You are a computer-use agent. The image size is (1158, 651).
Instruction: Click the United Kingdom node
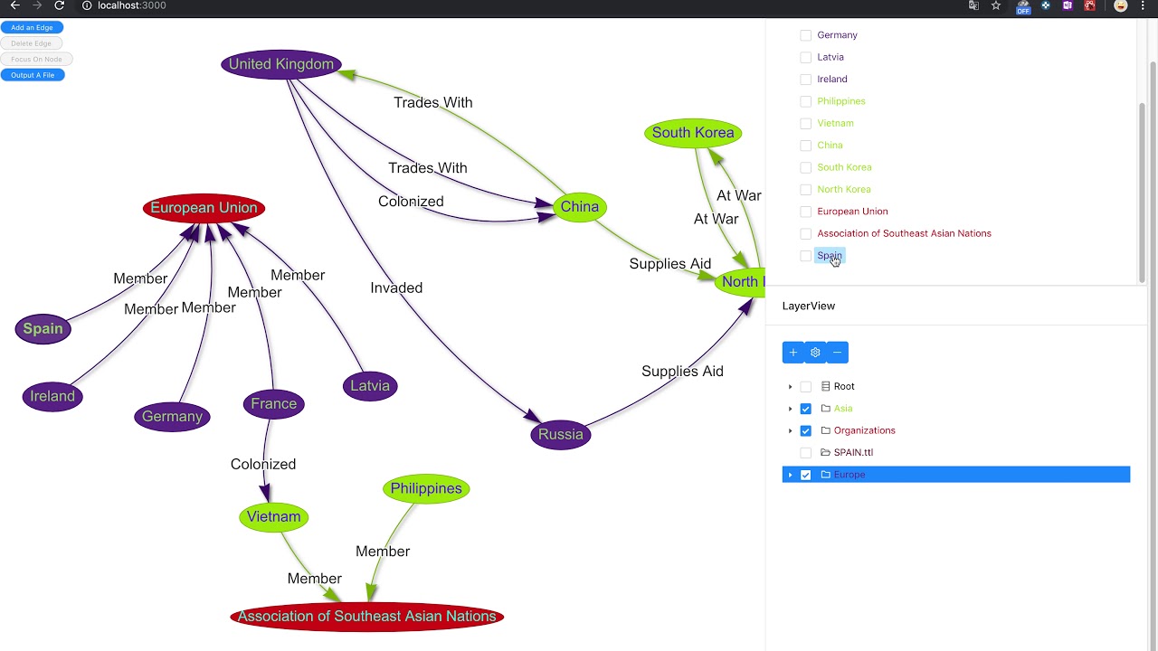click(x=280, y=64)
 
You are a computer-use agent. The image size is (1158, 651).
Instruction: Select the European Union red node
click(x=204, y=208)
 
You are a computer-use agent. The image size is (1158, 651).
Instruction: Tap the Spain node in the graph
click(x=43, y=329)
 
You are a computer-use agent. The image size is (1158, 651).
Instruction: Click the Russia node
click(x=560, y=435)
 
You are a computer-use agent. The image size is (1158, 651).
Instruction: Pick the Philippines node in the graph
click(x=425, y=489)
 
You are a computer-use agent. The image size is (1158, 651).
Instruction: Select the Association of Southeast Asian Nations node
click(x=366, y=617)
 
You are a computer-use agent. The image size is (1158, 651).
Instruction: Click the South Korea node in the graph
click(x=693, y=133)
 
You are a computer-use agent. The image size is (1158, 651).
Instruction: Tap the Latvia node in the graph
click(x=369, y=386)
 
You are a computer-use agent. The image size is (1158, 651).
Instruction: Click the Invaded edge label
click(x=396, y=288)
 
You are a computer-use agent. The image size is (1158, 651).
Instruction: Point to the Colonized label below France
click(x=262, y=465)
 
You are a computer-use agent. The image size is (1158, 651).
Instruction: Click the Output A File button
click(x=33, y=75)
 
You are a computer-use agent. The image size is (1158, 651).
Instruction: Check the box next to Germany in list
click(x=805, y=35)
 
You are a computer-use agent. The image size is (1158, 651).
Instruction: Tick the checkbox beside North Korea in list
click(x=805, y=190)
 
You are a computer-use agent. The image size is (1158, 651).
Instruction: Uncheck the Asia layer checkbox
click(x=805, y=409)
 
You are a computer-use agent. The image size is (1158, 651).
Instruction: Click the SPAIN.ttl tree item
click(x=852, y=453)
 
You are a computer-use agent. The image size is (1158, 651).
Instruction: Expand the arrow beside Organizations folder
click(x=790, y=431)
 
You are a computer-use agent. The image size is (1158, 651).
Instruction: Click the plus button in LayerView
click(x=793, y=353)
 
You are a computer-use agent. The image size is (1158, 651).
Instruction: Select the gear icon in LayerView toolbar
click(x=815, y=353)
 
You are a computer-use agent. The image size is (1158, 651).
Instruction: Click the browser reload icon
click(x=59, y=5)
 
